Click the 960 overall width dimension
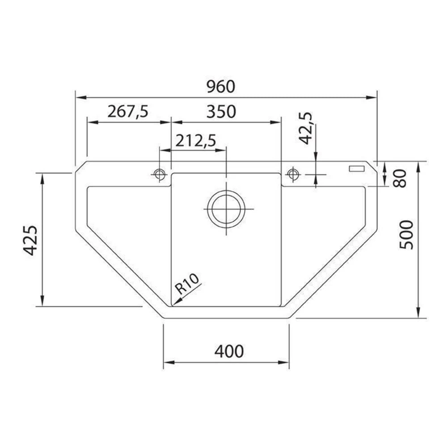pyautogui.click(x=220, y=86)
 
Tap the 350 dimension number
pyautogui.click(x=221, y=111)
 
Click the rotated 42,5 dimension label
pyautogui.click(x=306, y=128)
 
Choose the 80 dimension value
pyautogui.click(x=401, y=178)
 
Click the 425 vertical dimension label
pyautogui.click(x=30, y=240)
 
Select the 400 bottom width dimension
pyautogui.click(x=229, y=351)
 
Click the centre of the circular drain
pyautogui.click(x=226, y=209)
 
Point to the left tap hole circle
pyautogui.click(x=159, y=174)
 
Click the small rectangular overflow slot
pyautogui.click(x=357, y=169)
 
